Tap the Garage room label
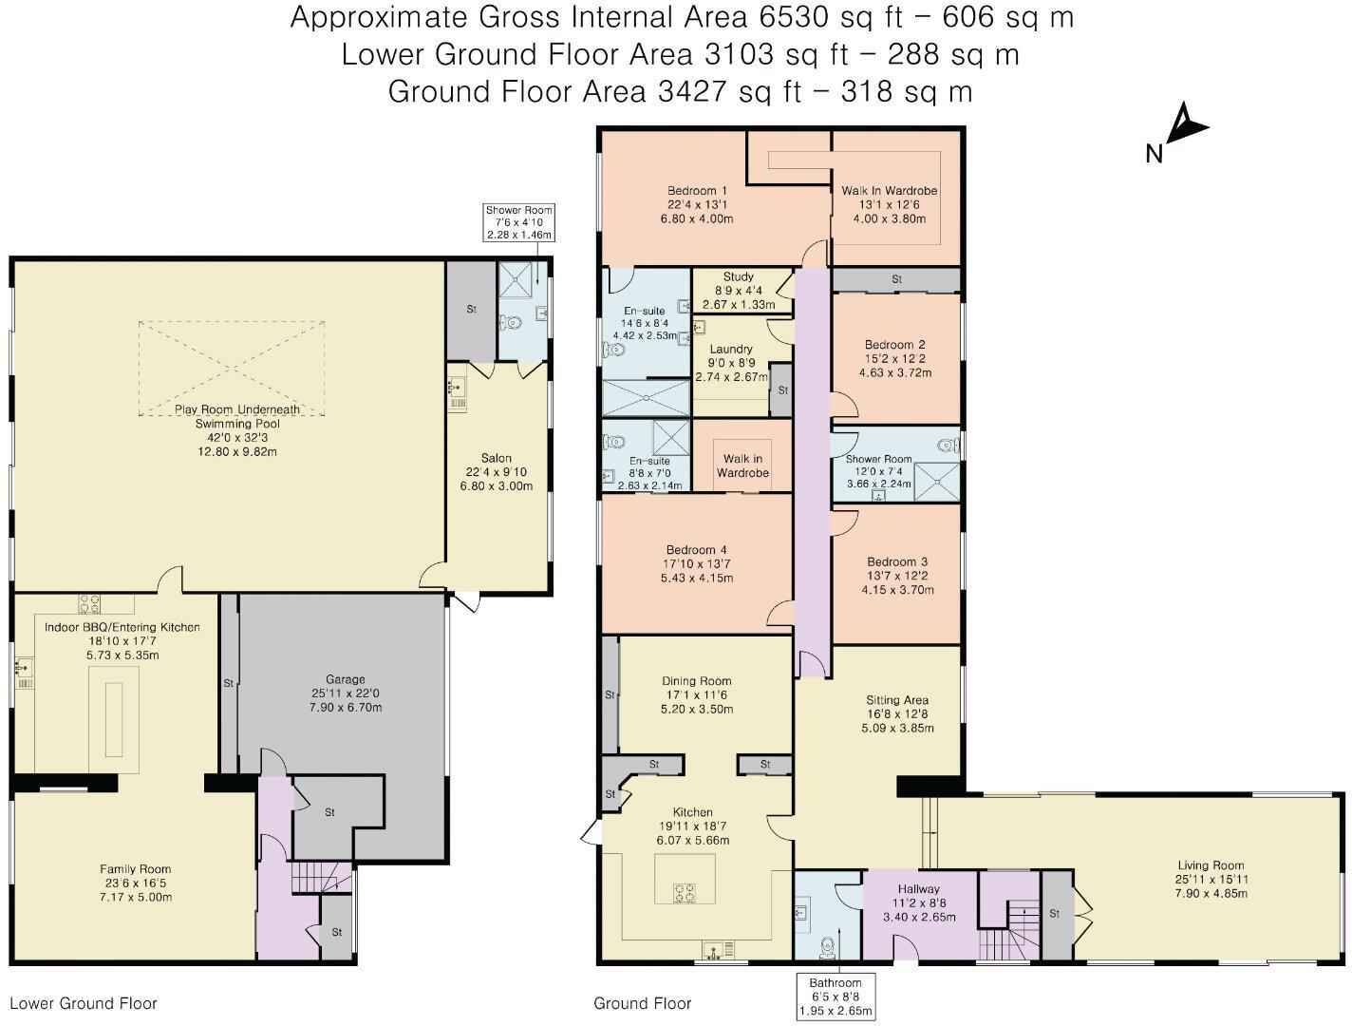coord(346,679)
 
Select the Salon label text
coord(497,458)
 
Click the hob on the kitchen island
coord(685,893)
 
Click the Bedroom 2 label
coord(895,345)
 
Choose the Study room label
coord(739,276)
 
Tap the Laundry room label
coord(731,349)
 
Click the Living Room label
coord(1211,865)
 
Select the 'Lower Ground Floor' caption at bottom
coord(84,1004)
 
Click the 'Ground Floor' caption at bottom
coord(643,1004)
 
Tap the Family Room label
coord(136,869)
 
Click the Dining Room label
coord(697,681)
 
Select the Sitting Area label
coord(897,700)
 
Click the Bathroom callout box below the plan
coord(836,997)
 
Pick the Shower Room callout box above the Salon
coord(519,222)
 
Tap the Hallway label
coord(919,888)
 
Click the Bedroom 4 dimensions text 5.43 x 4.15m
coord(697,578)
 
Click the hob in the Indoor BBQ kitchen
coord(90,603)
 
